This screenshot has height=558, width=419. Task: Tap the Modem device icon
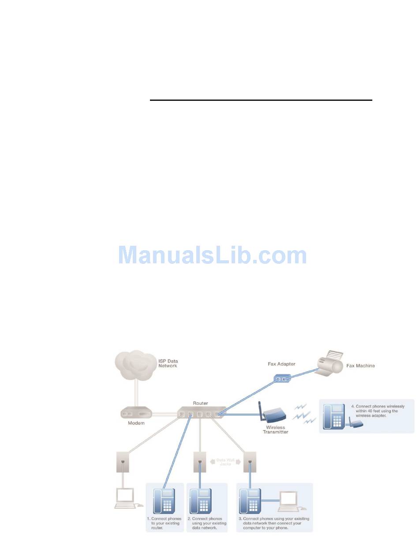[136, 414]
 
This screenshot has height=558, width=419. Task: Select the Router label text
[200, 403]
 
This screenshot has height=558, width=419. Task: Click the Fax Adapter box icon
[281, 378]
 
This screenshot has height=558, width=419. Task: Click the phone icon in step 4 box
[333, 416]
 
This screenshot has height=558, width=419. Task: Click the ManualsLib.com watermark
[213, 255]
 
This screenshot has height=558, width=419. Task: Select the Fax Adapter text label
[281, 364]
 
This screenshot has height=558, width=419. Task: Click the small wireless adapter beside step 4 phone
[357, 424]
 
